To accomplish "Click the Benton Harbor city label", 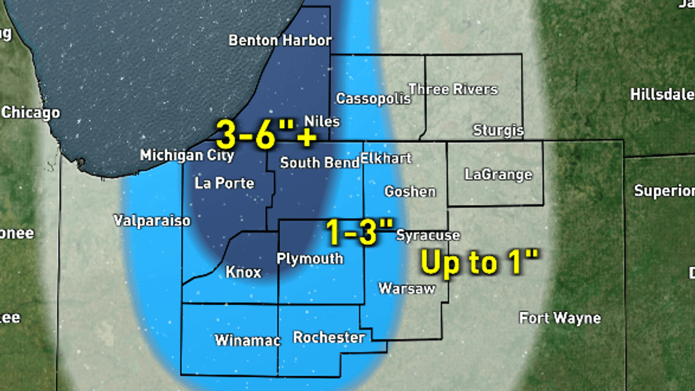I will point(280,40).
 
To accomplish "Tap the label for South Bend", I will point(319,163).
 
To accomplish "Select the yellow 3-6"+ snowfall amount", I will point(266,133).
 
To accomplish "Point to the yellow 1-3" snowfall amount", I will point(359,232).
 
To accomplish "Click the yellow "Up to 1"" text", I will point(480,262).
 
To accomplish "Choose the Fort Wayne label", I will point(560,318).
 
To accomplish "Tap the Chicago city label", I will point(31,113).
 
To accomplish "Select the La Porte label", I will point(223,183).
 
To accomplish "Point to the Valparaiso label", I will point(152,221).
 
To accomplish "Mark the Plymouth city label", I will point(309,259).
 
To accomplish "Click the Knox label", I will point(243,272).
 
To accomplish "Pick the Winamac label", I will point(247,341).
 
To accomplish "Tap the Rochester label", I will point(329,337).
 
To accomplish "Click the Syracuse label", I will point(428,235).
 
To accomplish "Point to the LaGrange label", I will point(498,175).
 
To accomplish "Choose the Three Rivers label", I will point(453,89).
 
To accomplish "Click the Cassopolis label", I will point(373,99).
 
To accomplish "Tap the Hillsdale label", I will point(662,94).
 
